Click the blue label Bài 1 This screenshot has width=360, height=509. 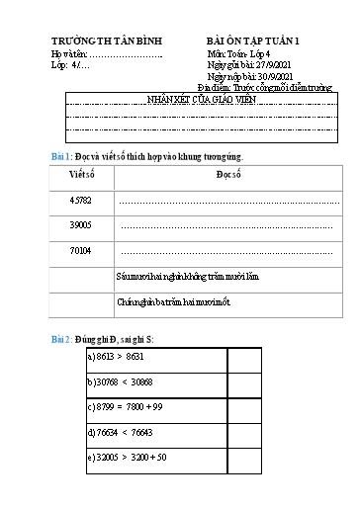click(61, 158)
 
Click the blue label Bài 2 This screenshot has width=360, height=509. click(61, 339)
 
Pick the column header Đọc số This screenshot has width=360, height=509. click(228, 175)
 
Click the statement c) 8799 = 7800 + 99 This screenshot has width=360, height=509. click(126, 406)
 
